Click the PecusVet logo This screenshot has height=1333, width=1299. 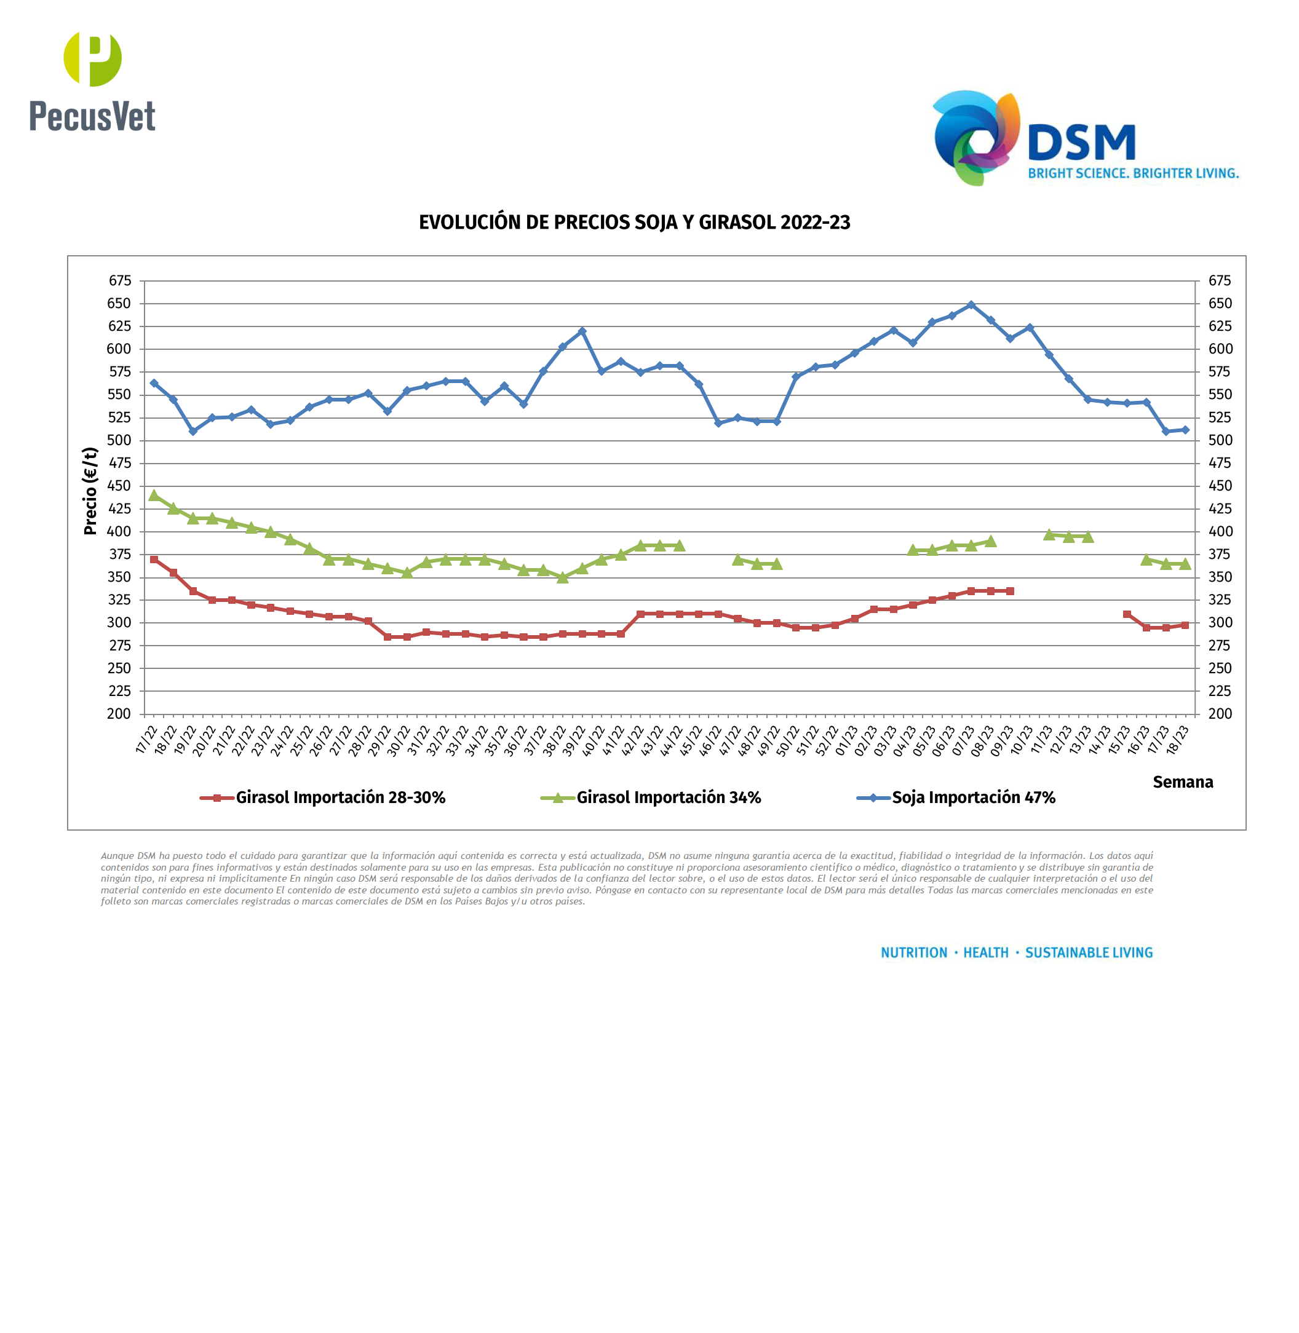tap(92, 82)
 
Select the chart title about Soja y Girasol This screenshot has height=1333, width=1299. tap(635, 223)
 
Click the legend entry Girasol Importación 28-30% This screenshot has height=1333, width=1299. tap(340, 797)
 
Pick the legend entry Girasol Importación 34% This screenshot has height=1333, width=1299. tap(668, 797)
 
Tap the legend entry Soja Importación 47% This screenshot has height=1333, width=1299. tap(973, 797)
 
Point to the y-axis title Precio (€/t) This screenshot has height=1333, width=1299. tap(90, 491)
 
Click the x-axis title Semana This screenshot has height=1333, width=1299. tap(1182, 782)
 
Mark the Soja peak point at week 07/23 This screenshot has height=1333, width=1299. tap(971, 305)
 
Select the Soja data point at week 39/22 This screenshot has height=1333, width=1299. tap(582, 331)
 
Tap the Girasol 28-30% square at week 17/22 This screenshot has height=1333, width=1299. tap(154, 560)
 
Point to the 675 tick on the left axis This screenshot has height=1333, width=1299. tap(119, 280)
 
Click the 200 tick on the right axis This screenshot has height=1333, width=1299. tap(1220, 714)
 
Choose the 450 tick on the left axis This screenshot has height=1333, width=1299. tap(119, 486)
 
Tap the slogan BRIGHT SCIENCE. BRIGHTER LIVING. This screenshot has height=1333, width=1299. tap(1133, 173)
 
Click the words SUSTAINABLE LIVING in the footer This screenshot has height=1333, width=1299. tap(1089, 953)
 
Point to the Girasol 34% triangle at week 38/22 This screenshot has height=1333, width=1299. tap(563, 577)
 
